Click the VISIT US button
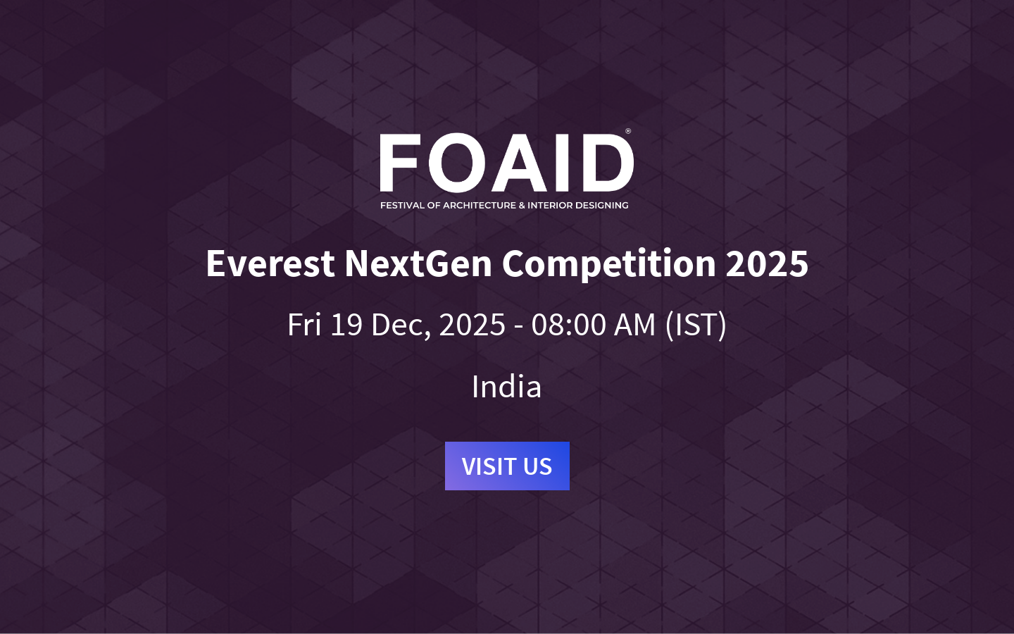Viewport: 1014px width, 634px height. [507, 466]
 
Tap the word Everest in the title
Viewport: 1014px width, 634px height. [270, 263]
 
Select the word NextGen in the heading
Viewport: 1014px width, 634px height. [418, 263]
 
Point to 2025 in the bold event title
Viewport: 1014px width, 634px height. [767, 263]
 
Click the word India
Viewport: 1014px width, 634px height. [506, 387]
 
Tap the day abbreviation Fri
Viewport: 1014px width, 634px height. [304, 325]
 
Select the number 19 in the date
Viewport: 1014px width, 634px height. [346, 325]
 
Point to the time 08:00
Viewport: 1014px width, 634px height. [569, 325]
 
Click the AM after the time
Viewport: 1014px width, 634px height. [635, 325]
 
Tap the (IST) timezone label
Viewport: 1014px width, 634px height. [696, 325]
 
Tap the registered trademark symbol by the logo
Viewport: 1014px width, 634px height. [628, 131]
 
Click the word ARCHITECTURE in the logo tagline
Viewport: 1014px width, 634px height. [480, 206]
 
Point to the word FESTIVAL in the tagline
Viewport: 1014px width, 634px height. [402, 206]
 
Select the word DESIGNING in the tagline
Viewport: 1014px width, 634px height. [602, 206]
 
